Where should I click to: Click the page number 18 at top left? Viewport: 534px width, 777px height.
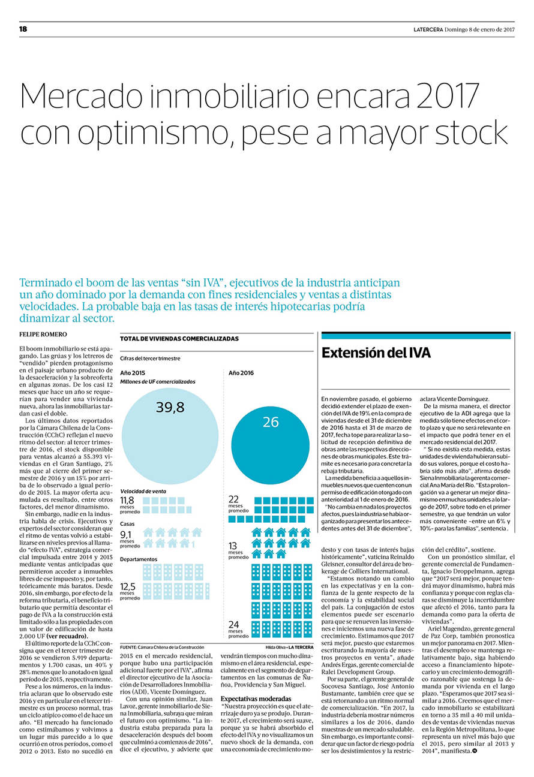coord(23,29)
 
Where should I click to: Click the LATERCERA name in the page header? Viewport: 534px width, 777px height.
coord(428,30)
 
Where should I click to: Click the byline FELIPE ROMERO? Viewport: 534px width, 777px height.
coord(43,335)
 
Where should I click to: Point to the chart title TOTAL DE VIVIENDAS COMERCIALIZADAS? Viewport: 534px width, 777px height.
coord(179,339)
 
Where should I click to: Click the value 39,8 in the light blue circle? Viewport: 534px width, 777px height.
coord(170,407)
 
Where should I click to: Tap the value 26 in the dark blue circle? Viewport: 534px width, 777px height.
coord(271,422)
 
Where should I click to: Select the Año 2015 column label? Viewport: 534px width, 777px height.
coord(132,373)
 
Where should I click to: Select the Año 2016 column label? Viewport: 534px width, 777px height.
coord(241,373)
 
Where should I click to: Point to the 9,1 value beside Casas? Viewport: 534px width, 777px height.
coord(125,535)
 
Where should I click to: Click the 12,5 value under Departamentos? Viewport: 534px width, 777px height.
coord(127,586)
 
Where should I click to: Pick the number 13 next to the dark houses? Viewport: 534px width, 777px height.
coord(233,546)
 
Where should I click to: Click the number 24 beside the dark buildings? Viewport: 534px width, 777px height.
coord(233,625)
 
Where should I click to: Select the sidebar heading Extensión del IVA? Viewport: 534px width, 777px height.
coord(376,353)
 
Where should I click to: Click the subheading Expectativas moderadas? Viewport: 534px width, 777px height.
coord(256,698)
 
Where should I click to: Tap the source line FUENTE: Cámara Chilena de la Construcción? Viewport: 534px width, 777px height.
coord(162,647)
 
